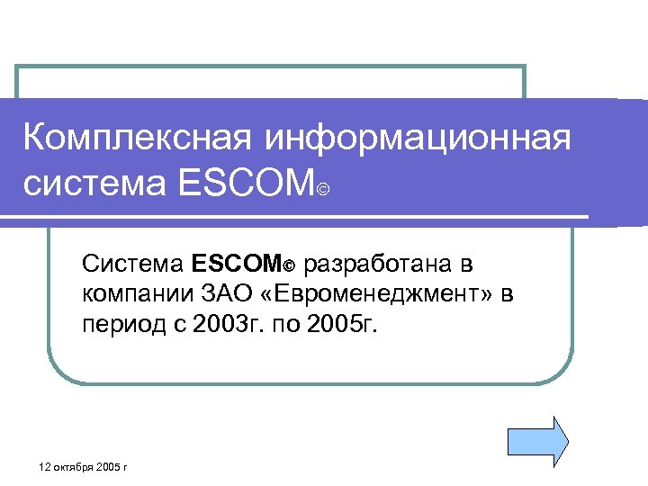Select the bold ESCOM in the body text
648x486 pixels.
236,265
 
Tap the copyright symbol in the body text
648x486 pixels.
290,266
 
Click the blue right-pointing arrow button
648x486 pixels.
538,440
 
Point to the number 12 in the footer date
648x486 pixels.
48,467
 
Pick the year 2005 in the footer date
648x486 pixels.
110,467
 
